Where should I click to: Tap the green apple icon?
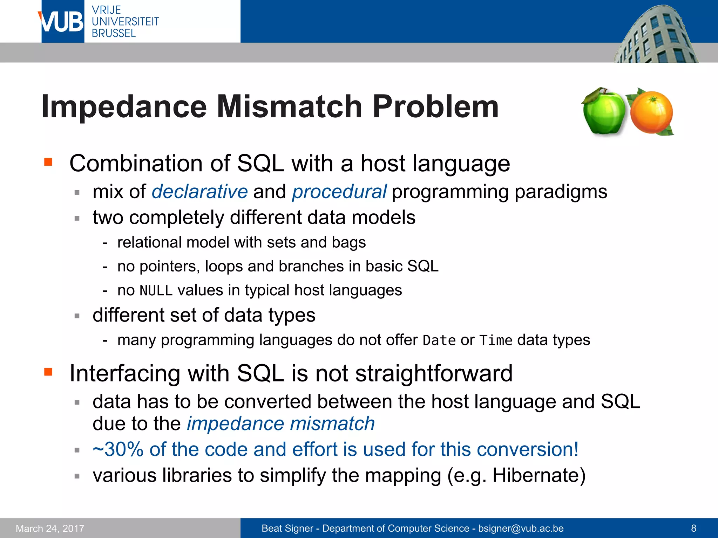click(604, 111)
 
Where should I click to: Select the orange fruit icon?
click(651, 112)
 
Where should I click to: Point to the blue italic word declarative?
click(199, 192)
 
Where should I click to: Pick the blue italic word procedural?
click(339, 192)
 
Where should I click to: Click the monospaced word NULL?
click(156, 291)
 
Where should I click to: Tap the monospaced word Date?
click(439, 340)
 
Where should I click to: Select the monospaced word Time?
click(496, 340)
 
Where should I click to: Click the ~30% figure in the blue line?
click(118, 449)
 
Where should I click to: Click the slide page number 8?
click(693, 528)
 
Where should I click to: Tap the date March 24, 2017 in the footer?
click(50, 528)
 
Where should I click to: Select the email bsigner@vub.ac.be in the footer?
click(521, 528)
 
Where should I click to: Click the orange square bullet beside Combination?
click(48, 162)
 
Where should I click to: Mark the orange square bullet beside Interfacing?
click(48, 372)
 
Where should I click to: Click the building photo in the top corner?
click(656, 35)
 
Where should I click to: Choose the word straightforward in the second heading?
click(434, 373)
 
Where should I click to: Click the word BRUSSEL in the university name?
click(114, 33)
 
